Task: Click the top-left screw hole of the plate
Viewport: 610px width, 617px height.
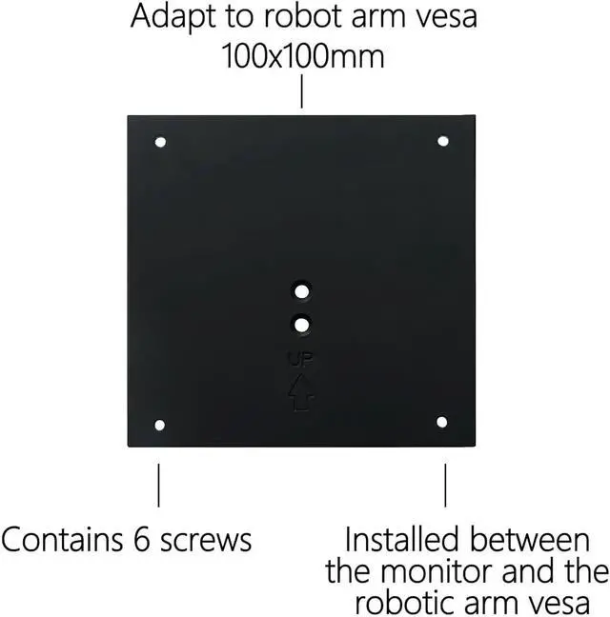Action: click(160, 142)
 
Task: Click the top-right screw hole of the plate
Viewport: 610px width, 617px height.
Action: click(442, 141)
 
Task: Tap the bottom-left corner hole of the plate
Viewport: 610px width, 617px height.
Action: click(159, 425)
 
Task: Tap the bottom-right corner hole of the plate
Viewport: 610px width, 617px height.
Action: click(442, 421)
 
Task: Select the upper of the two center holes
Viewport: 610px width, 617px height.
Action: click(301, 289)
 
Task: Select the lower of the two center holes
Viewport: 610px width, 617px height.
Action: click(301, 325)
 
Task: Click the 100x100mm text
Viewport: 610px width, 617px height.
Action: click(304, 56)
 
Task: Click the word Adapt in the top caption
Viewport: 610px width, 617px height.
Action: click(169, 17)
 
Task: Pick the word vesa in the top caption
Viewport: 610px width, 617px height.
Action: click(442, 17)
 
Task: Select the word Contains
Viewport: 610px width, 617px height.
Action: click(59, 540)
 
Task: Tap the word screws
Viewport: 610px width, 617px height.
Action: click(204, 540)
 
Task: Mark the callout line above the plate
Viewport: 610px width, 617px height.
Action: click(301, 92)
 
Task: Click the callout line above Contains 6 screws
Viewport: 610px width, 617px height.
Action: click(158, 485)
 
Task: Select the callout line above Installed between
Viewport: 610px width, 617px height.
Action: click(444, 485)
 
